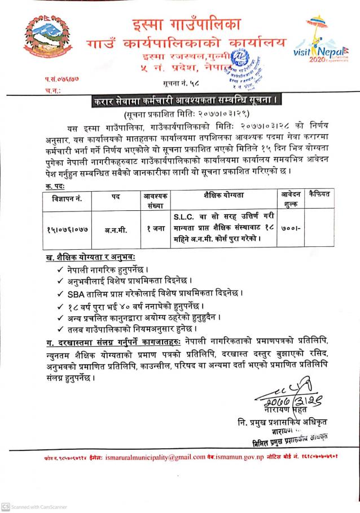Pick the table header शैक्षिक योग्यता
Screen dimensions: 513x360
click(x=223, y=195)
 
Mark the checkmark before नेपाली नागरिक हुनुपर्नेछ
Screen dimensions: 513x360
click(x=60, y=268)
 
